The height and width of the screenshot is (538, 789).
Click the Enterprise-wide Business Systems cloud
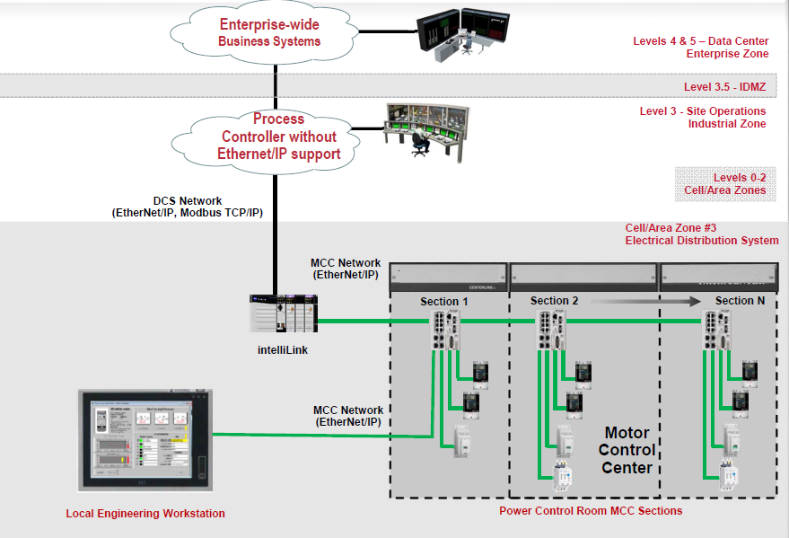pyautogui.click(x=269, y=34)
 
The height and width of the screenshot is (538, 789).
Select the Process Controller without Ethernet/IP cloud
pyautogui.click(x=278, y=137)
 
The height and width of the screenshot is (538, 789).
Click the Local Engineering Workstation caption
pyautogui.click(x=145, y=514)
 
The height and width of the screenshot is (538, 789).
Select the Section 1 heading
pyautogui.click(x=445, y=301)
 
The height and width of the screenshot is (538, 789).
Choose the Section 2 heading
pyautogui.click(x=555, y=301)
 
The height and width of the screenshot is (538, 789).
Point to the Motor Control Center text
pyautogui.click(x=628, y=449)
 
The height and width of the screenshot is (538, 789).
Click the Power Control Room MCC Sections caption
pyautogui.click(x=591, y=511)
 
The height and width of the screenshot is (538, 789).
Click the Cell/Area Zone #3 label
pyautogui.click(x=702, y=234)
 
